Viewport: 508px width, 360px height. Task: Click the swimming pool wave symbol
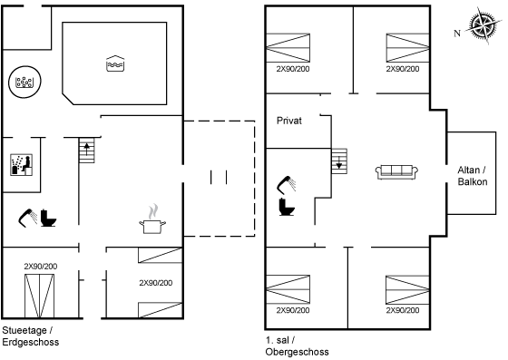point(115,63)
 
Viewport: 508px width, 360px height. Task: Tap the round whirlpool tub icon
point(24,82)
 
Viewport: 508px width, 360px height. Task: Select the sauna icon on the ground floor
point(22,165)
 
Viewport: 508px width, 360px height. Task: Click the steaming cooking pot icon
point(152,219)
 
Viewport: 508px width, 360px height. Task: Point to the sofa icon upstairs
point(396,171)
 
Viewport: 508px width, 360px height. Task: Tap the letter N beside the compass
point(457,33)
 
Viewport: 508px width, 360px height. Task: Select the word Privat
point(289,121)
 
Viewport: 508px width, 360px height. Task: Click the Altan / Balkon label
point(473,176)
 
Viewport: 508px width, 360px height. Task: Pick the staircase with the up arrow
point(87,151)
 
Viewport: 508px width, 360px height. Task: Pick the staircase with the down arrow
point(339,161)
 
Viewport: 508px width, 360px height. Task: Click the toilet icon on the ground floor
point(48,218)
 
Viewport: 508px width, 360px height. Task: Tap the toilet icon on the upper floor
point(287,207)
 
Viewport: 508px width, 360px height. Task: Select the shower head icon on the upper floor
point(287,185)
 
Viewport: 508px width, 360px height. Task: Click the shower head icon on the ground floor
point(28,218)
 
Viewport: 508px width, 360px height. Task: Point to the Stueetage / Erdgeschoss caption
point(31,336)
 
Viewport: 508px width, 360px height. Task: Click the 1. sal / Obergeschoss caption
point(298,346)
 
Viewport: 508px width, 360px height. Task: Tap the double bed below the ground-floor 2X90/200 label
point(40,296)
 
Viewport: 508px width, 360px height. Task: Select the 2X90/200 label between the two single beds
point(156,283)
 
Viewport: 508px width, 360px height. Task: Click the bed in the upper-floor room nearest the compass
point(407,47)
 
